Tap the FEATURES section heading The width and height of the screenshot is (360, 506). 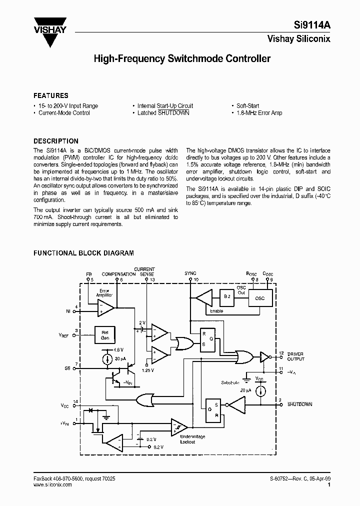[x=51, y=95]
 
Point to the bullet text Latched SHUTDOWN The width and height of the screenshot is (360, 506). [x=163, y=113]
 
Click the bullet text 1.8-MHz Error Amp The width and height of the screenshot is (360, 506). [x=259, y=113]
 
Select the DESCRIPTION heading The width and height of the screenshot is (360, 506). [x=56, y=141]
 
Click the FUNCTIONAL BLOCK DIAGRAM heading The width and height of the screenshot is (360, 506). [x=83, y=253]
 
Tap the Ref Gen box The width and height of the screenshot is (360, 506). [x=105, y=334]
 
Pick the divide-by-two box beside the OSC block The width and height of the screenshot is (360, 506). [x=227, y=298]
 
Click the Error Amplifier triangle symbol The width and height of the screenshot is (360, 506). [x=105, y=307]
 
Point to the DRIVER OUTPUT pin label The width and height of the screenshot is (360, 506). [x=295, y=356]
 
